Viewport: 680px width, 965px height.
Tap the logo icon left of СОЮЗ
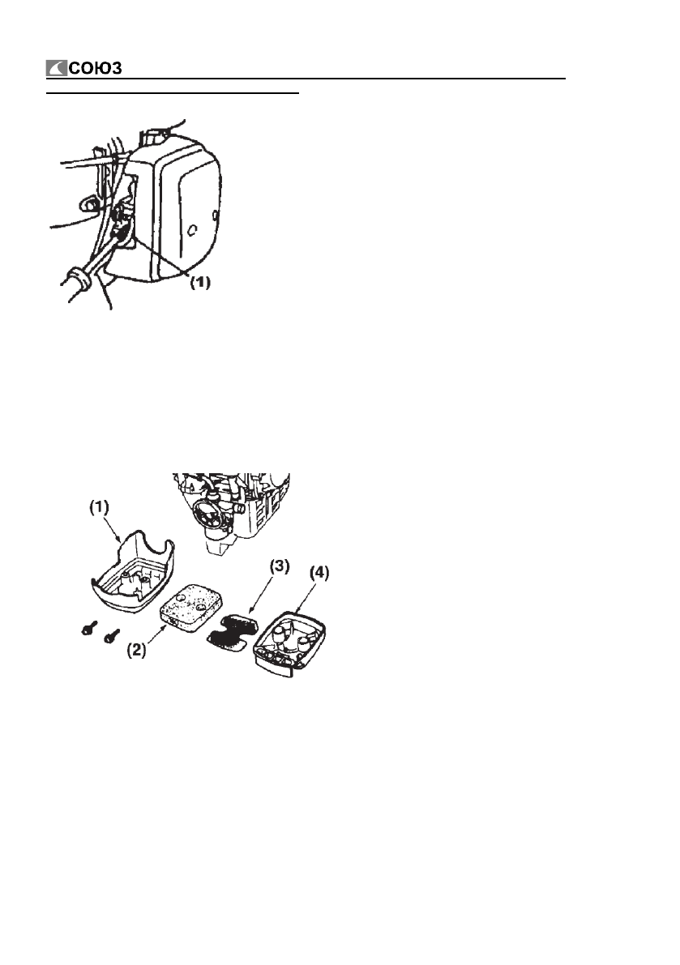click(x=57, y=68)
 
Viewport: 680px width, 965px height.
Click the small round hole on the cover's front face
click(x=193, y=231)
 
